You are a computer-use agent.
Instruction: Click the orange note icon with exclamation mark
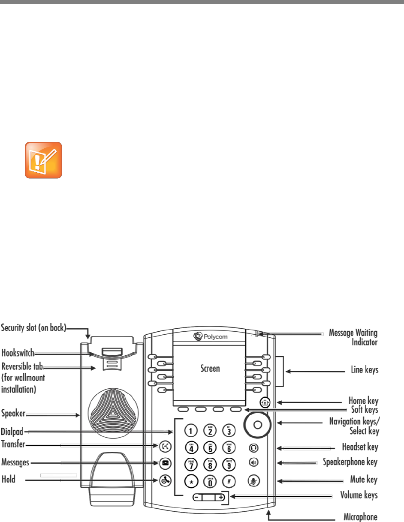pyautogui.click(x=43, y=160)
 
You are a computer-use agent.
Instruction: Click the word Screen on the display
pyautogui.click(x=210, y=368)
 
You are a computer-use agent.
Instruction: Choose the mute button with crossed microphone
pyautogui.click(x=253, y=480)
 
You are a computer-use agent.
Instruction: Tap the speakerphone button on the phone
pyautogui.click(x=253, y=463)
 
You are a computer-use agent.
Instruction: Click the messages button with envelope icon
pyautogui.click(x=165, y=463)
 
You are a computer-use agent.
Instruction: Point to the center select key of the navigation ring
pyautogui.click(x=257, y=424)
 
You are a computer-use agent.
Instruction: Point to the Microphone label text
pyautogui.click(x=359, y=517)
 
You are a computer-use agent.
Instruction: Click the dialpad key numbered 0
pyautogui.click(x=210, y=482)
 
